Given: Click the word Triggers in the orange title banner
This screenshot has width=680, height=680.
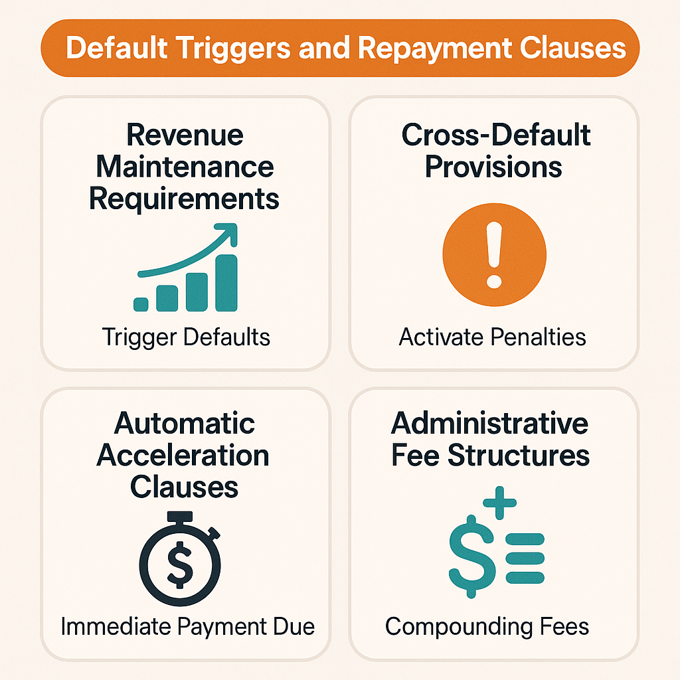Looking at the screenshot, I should coord(219,48).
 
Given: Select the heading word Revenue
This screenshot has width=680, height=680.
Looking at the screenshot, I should coord(185,135).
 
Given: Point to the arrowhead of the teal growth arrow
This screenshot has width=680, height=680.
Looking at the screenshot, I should coord(229,234).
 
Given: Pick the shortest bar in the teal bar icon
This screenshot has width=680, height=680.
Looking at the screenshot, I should coord(141,304).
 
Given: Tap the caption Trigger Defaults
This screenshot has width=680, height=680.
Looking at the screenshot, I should coord(187,337).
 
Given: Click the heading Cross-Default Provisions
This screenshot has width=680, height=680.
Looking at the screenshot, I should coord(495,151).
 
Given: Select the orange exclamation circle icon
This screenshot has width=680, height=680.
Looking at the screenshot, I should coord(494,255).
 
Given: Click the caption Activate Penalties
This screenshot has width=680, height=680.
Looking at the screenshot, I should coord(493,337).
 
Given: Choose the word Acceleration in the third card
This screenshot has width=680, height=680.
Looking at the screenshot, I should coord(183,456).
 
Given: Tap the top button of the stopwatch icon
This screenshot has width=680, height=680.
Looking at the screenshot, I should coord(180,516).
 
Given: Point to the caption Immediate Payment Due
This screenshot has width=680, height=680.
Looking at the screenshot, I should coord(187,626).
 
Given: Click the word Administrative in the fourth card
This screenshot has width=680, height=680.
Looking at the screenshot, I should coord(489,424).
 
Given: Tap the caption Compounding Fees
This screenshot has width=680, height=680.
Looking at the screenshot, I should coord(487,626).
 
